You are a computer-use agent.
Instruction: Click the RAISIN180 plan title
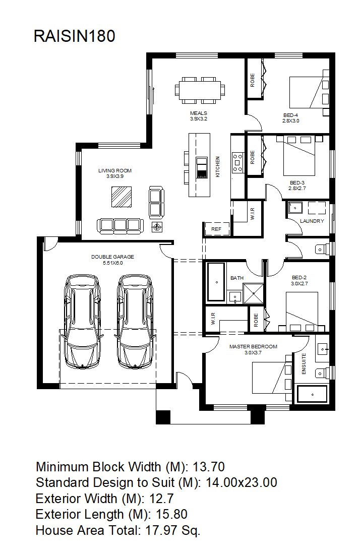[75, 36]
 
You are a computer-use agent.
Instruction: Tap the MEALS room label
[199, 113]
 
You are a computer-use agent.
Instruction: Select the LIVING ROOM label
[115, 170]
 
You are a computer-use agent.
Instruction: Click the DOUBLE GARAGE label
[113, 257]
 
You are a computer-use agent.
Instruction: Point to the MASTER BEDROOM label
[253, 346]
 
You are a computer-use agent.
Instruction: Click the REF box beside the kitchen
[216, 229]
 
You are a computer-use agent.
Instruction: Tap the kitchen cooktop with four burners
[237, 162]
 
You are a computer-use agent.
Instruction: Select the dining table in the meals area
[200, 90]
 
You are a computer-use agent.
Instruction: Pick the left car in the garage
[83, 322]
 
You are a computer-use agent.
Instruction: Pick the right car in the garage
[136, 322]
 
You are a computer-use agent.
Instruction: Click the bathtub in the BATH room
[216, 282]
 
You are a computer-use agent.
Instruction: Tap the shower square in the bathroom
[254, 293]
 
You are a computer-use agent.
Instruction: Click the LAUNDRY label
[312, 221]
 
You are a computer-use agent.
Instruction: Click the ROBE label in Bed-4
[253, 80]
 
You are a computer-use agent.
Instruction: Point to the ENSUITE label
[304, 363]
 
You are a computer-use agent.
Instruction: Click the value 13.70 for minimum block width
[209, 467]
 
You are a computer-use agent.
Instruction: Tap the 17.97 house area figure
[161, 530]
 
